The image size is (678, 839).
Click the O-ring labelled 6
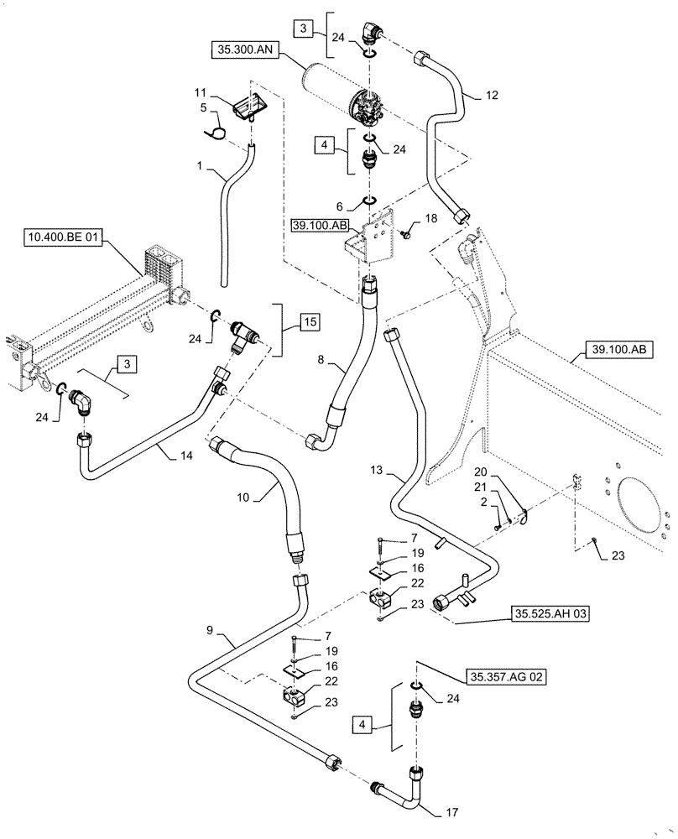point(369,201)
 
